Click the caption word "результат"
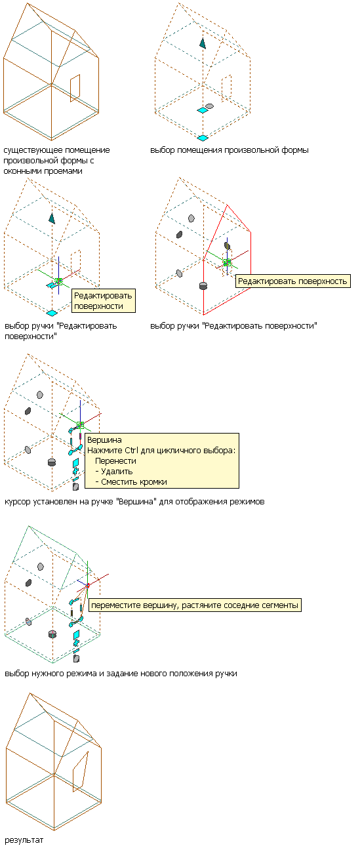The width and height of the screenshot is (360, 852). coord(24,840)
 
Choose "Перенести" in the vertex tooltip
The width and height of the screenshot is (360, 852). coord(115,461)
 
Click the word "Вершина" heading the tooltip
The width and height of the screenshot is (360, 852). coord(104,440)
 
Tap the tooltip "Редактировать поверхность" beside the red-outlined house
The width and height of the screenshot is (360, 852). coord(292,281)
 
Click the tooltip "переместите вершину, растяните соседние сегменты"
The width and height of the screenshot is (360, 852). coord(195,605)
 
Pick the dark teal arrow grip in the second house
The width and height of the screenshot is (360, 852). coord(203,43)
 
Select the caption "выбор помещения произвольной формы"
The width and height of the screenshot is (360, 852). coord(230,150)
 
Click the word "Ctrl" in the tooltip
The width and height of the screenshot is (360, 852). coord(132,451)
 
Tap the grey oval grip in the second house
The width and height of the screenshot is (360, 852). coord(209,106)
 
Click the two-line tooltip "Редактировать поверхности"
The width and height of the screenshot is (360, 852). coord(104,300)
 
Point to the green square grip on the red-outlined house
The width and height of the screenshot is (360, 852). coord(227,262)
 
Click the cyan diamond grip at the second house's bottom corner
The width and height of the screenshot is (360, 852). coord(203,138)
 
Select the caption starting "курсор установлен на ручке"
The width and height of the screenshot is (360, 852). coord(134,502)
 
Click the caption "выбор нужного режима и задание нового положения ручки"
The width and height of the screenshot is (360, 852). coord(121,674)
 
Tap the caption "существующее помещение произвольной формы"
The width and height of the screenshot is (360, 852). coord(56,155)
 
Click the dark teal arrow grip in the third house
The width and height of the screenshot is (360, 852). coord(52,218)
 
